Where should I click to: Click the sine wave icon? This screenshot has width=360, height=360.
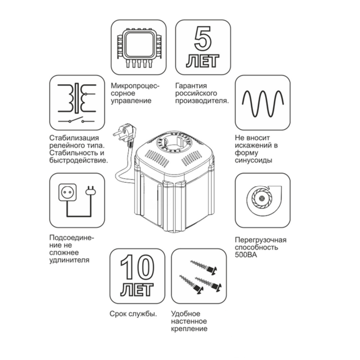263,103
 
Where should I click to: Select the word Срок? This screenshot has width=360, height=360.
117,313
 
